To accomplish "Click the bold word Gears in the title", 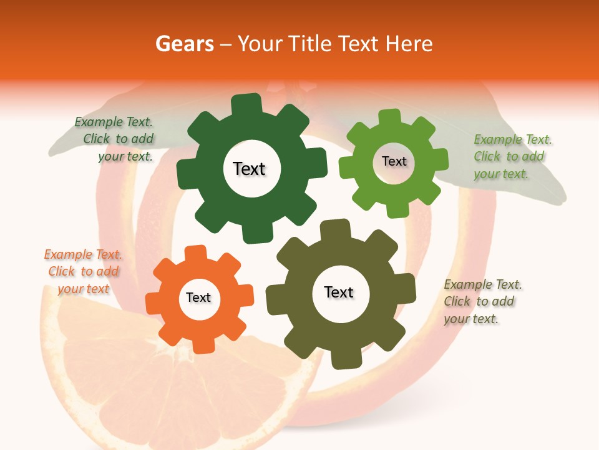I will point(184,44).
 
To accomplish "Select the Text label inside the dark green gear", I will point(249,169).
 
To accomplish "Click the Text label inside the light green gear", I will point(394,161).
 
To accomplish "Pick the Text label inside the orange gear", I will point(198,298).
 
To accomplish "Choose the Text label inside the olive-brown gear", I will point(339,292).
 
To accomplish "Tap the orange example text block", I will point(84,271).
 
